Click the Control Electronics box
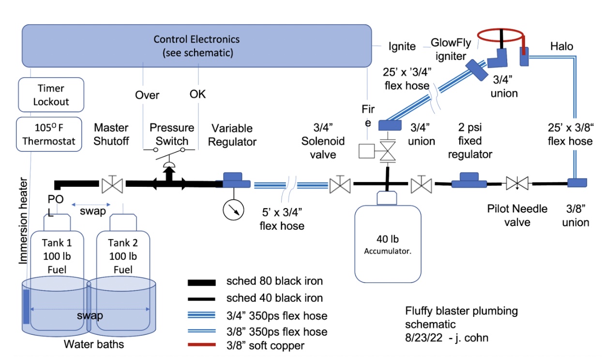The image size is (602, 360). pyautogui.click(x=196, y=46)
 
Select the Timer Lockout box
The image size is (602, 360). pyautogui.click(x=51, y=95)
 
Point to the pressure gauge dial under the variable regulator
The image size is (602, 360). pyautogui.click(x=233, y=209)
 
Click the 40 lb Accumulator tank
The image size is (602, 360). pyautogui.click(x=385, y=244)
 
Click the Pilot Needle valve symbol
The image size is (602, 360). pyautogui.click(x=517, y=183)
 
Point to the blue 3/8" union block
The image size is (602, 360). pyautogui.click(x=577, y=183)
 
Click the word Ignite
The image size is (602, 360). pyautogui.click(x=402, y=46)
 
